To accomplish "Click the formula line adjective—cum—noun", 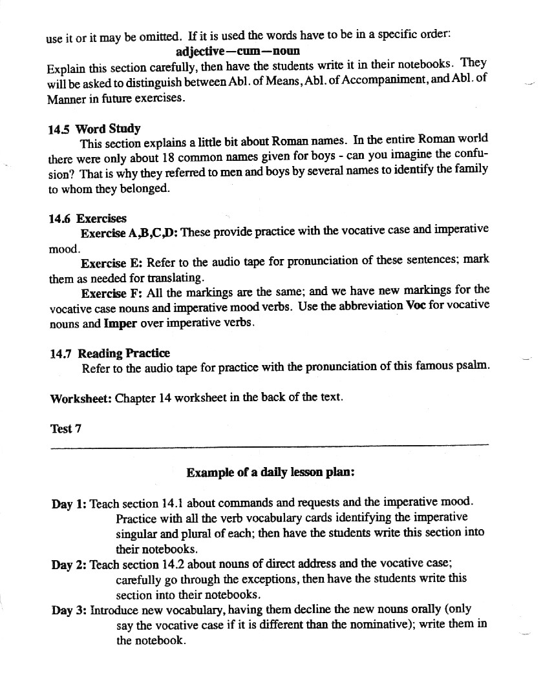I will pos(238,50).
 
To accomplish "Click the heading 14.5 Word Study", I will pos(94,129).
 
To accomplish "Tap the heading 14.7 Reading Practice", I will pos(109,353).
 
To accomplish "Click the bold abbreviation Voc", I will pos(415,305).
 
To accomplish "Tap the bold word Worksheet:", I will pos(81,398).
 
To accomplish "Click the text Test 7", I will pos(66,428).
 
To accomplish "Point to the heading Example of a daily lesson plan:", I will pos(270,473).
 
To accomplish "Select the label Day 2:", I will pos(69,565).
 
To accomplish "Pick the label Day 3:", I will pos(69,610).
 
